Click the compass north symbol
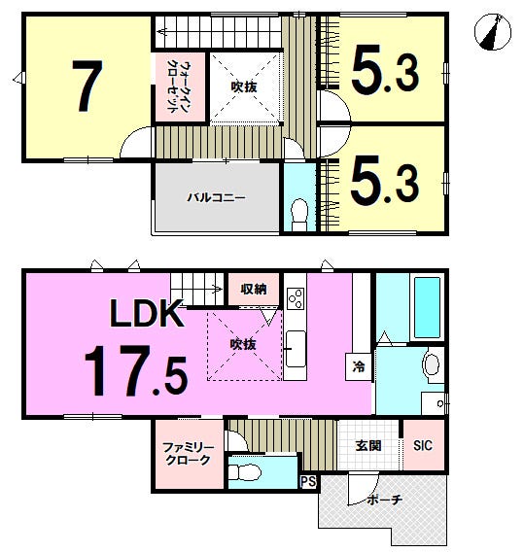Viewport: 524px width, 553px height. pyautogui.click(x=493, y=32)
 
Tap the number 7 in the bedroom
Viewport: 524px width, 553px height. pyautogui.click(x=87, y=86)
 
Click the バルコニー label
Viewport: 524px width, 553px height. pyautogui.click(x=216, y=197)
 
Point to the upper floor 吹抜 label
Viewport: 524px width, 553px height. pyautogui.click(x=244, y=86)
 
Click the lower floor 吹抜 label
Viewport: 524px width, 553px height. pyautogui.click(x=243, y=344)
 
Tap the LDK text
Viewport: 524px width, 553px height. pyautogui.click(x=147, y=313)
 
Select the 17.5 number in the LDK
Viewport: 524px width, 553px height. pyautogui.click(x=136, y=371)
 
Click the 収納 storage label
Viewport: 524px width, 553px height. pyautogui.click(x=254, y=290)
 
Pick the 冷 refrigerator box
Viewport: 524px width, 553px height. pyautogui.click(x=359, y=366)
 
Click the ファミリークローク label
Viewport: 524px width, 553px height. pyautogui.click(x=188, y=454)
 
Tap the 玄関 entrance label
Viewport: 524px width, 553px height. pyautogui.click(x=368, y=446)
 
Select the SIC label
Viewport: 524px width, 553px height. pyautogui.click(x=423, y=445)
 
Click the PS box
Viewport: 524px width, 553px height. pyautogui.click(x=308, y=482)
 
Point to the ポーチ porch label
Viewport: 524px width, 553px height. pyautogui.click(x=385, y=500)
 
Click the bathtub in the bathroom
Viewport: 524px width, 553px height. pyautogui.click(x=427, y=307)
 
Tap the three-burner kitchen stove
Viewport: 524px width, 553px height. pyautogui.click(x=296, y=298)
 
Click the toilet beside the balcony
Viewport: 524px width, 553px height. pyautogui.click(x=299, y=215)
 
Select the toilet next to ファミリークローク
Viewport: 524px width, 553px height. pyautogui.click(x=244, y=471)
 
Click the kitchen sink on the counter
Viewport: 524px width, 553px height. pyautogui.click(x=296, y=349)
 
